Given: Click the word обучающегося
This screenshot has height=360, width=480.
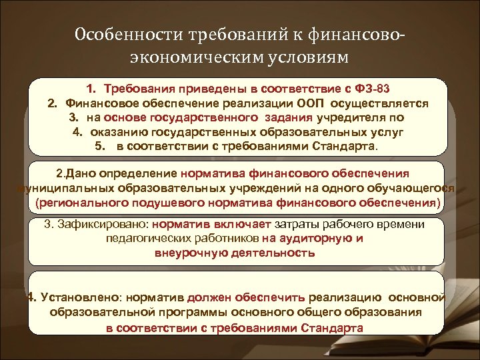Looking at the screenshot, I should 413,188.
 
